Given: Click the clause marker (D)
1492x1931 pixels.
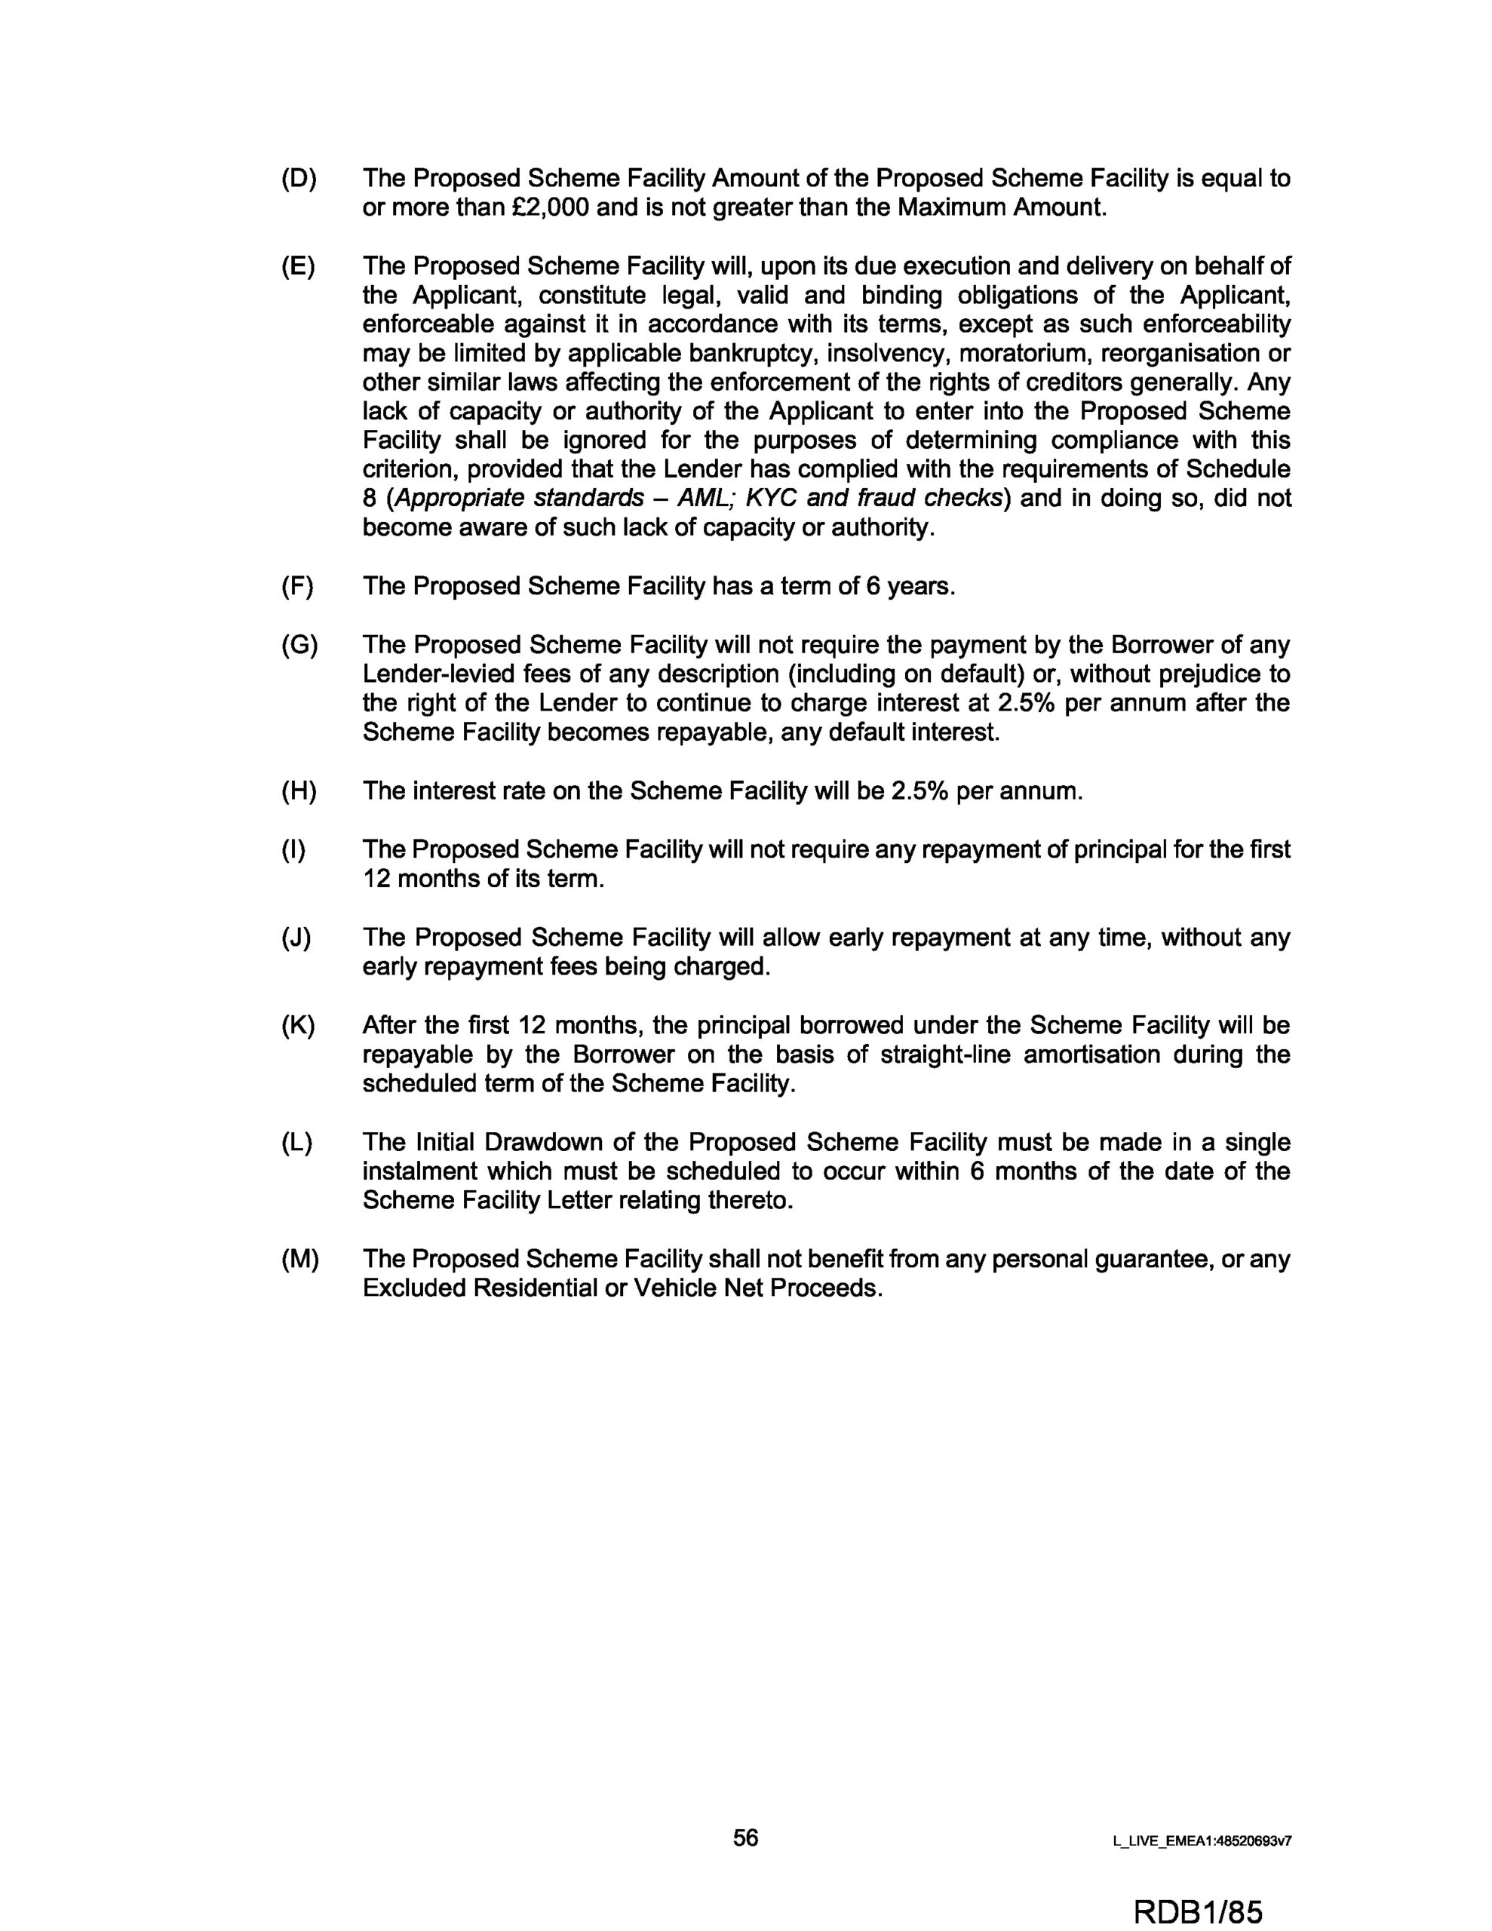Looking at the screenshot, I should (298, 179).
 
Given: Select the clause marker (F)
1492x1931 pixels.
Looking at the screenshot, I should (297, 587).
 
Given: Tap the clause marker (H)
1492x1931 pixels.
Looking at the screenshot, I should (298, 791).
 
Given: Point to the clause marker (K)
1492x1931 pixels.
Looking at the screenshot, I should (298, 1026).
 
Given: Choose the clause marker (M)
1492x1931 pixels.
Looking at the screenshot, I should (299, 1259).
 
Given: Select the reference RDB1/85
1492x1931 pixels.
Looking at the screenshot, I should (1196, 1906).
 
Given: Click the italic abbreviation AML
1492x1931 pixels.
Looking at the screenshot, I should (706, 499).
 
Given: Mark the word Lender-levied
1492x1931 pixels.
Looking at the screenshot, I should (443, 674).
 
